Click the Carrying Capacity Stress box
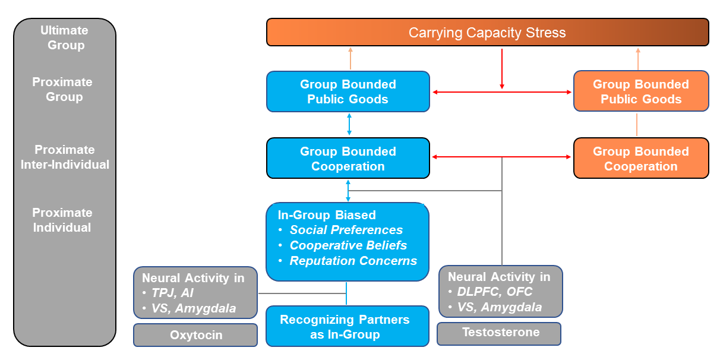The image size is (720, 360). [487, 32]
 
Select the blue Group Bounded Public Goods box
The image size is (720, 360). [348, 91]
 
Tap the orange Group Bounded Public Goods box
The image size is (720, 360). [640, 91]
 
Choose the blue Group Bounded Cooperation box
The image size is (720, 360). [348, 159]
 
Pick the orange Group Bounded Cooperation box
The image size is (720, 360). [640, 159]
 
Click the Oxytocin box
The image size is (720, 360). [195, 335]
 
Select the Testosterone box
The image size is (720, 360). [498, 333]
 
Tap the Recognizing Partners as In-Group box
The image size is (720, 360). [347, 327]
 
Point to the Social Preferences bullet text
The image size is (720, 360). [346, 230]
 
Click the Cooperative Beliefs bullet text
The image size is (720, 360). [348, 245]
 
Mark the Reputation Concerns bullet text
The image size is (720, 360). [353, 261]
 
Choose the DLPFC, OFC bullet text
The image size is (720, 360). [495, 292]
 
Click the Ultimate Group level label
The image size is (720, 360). [64, 37]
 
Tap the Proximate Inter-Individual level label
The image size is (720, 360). [65, 157]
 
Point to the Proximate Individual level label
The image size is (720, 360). [62, 220]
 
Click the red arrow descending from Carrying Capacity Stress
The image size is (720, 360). [502, 69]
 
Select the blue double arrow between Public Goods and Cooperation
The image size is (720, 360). [349, 124]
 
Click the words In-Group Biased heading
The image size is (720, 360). [327, 215]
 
